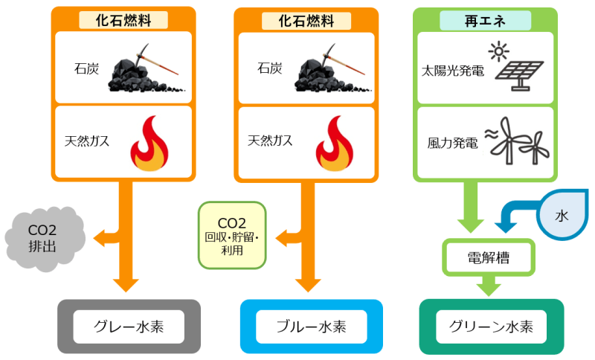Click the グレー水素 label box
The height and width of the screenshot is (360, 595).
[129, 327]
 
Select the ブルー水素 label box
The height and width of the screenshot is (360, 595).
[312, 327]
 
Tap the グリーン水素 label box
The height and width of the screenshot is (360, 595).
[492, 327]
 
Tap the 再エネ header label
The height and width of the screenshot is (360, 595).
[484, 21]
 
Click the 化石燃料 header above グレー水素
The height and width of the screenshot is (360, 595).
[123, 21]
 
